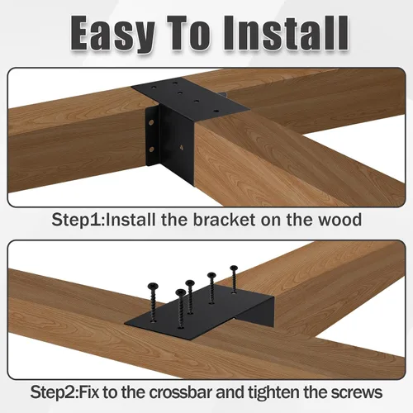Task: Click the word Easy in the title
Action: coord(112,34)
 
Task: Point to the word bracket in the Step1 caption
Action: coord(224,220)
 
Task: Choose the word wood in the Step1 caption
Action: coord(339,220)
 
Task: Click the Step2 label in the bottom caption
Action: coord(55,392)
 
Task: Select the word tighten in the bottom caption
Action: coord(274,392)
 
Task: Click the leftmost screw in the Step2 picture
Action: coord(152,302)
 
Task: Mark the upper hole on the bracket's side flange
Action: coord(151,122)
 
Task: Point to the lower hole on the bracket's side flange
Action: coord(151,150)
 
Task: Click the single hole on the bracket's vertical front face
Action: coord(181,147)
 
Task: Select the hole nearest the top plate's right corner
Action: coord(216,112)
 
